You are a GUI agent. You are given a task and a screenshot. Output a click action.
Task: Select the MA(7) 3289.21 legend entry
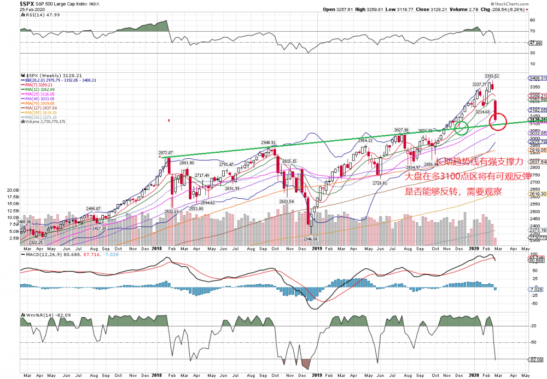(38, 85)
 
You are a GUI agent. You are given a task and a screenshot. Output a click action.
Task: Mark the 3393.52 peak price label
(491, 76)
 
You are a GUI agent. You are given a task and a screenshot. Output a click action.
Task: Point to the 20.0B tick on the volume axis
(11, 189)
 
